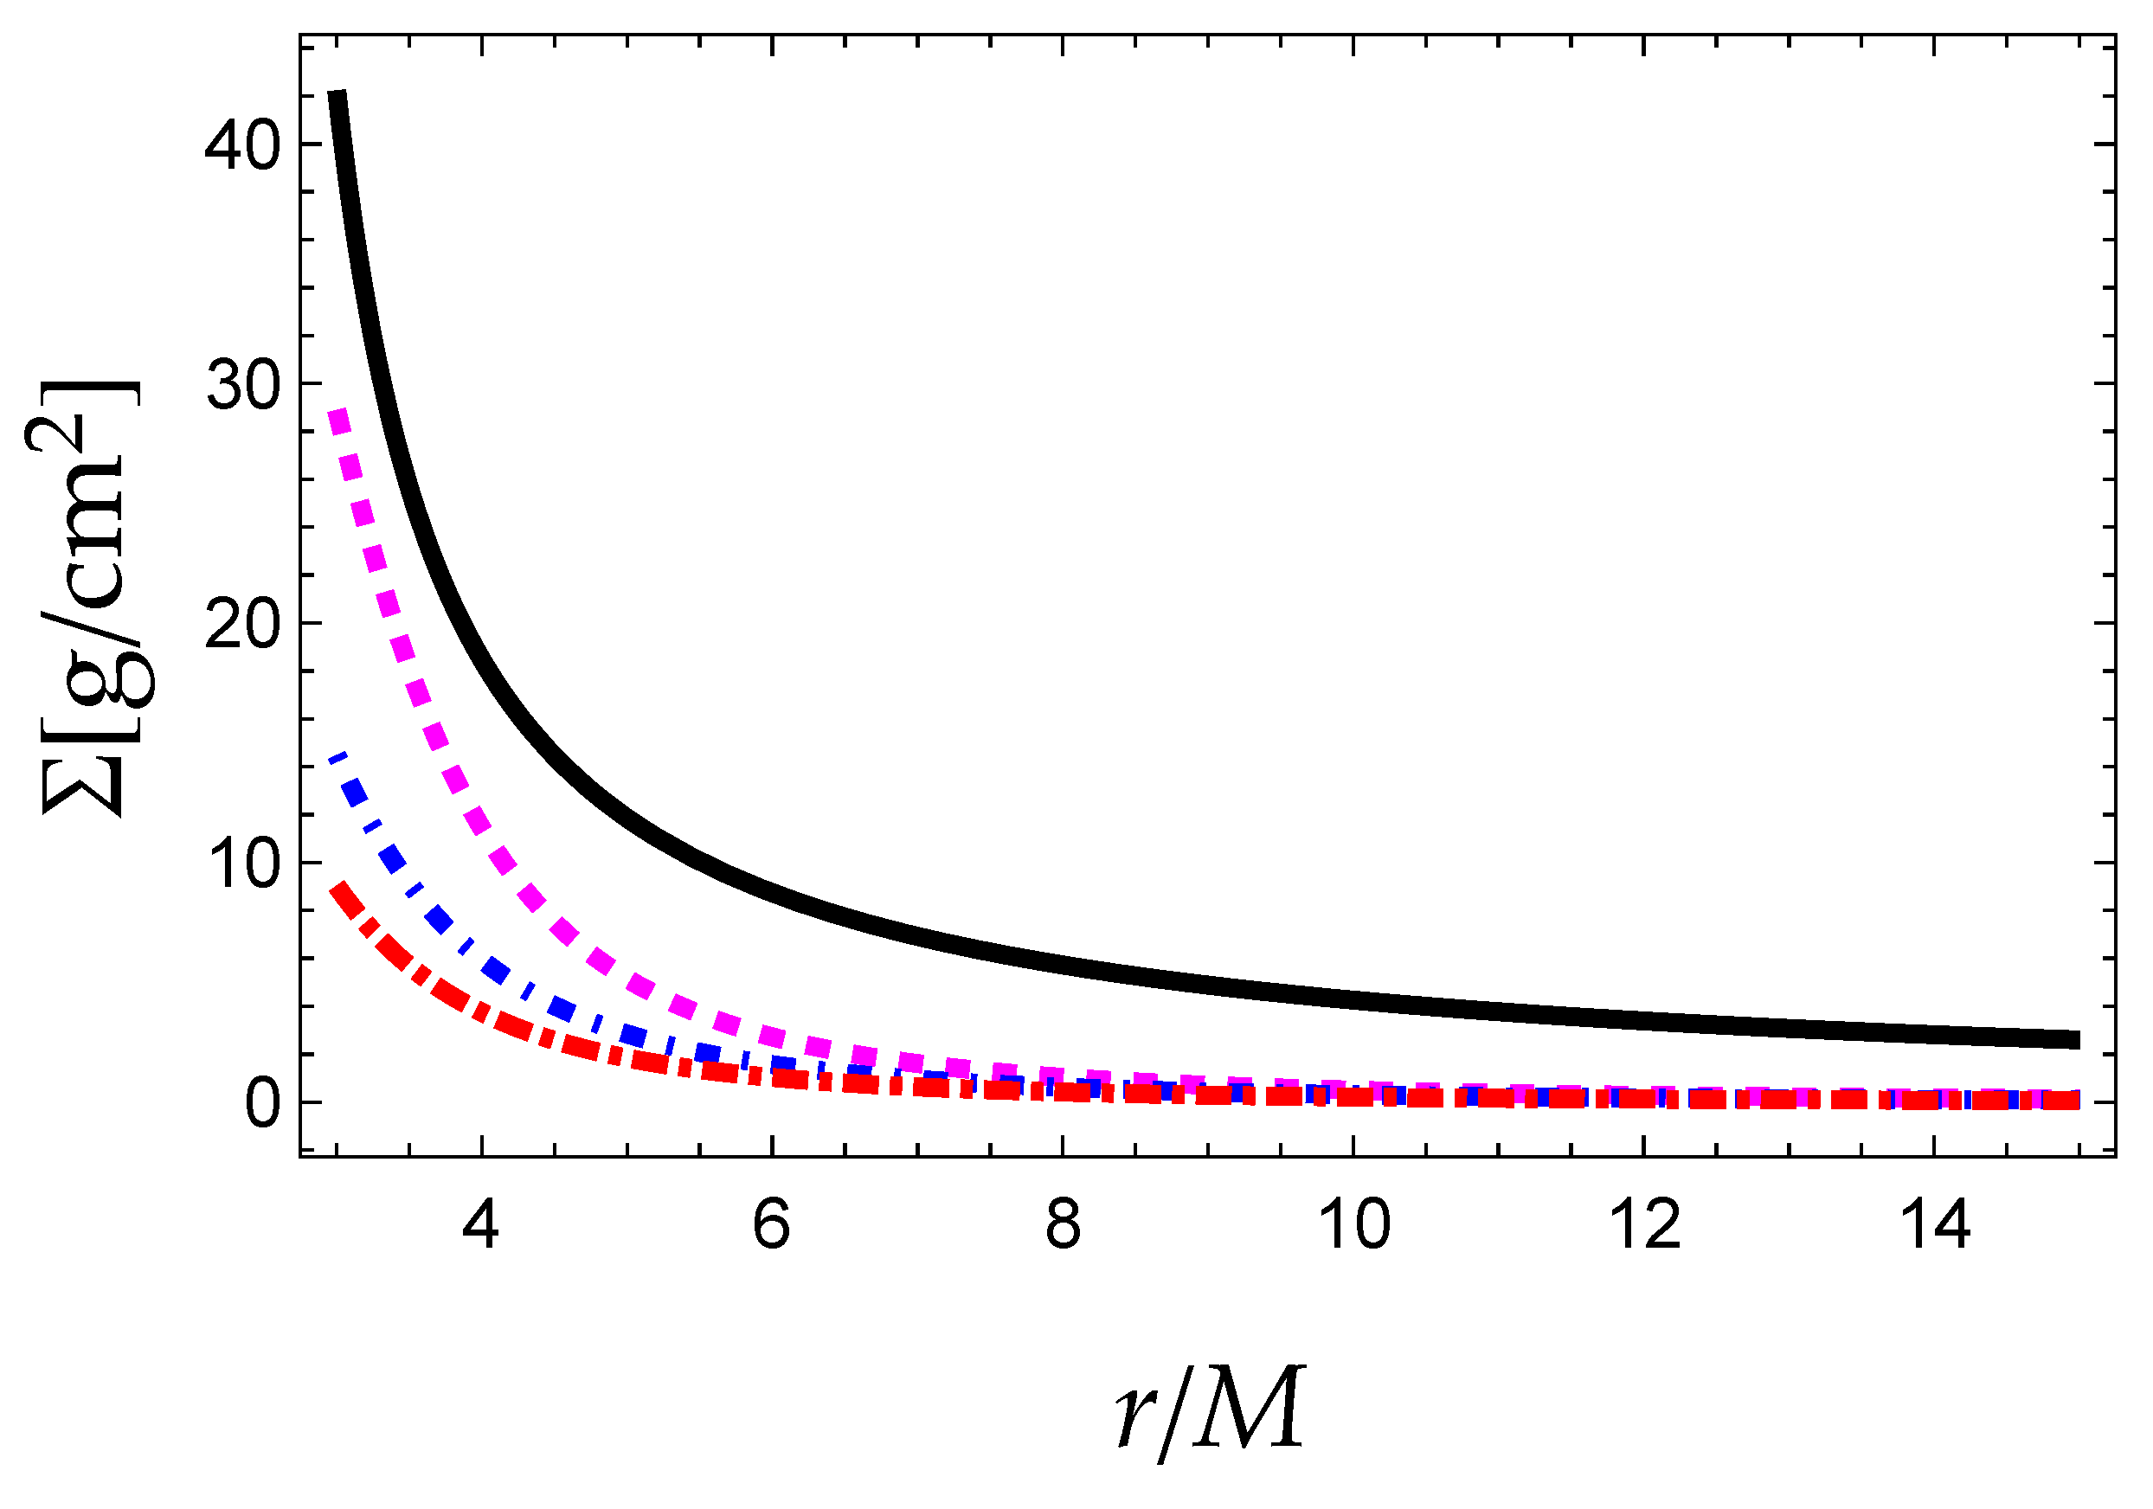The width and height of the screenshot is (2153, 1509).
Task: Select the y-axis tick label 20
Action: (243, 626)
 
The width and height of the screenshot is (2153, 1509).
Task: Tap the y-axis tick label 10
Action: (243, 864)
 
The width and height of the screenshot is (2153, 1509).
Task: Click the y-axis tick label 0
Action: (262, 1105)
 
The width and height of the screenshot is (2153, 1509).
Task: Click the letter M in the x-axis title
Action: (1253, 1406)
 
